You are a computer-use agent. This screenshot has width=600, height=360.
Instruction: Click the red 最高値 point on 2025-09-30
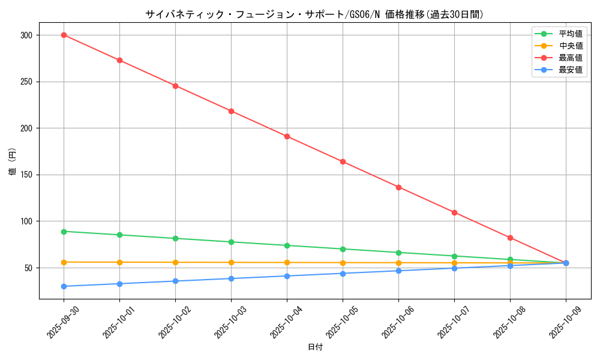64,35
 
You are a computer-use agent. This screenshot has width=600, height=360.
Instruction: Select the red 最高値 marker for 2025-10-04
287,136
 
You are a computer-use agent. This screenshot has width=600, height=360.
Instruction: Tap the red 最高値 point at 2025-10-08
510,238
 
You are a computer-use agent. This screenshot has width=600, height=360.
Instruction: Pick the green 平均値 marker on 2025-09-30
64,231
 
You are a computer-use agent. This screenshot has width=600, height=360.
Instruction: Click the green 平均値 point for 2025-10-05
343,249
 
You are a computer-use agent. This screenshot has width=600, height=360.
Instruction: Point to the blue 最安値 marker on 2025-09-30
64,286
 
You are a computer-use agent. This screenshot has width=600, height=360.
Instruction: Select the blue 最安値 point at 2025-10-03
231,278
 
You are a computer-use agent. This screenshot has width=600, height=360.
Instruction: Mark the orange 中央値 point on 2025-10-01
119,262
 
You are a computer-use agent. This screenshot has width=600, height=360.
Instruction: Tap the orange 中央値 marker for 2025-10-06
398,263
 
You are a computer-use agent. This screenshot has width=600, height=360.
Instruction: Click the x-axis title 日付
315,347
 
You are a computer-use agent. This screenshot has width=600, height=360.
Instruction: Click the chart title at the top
314,14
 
